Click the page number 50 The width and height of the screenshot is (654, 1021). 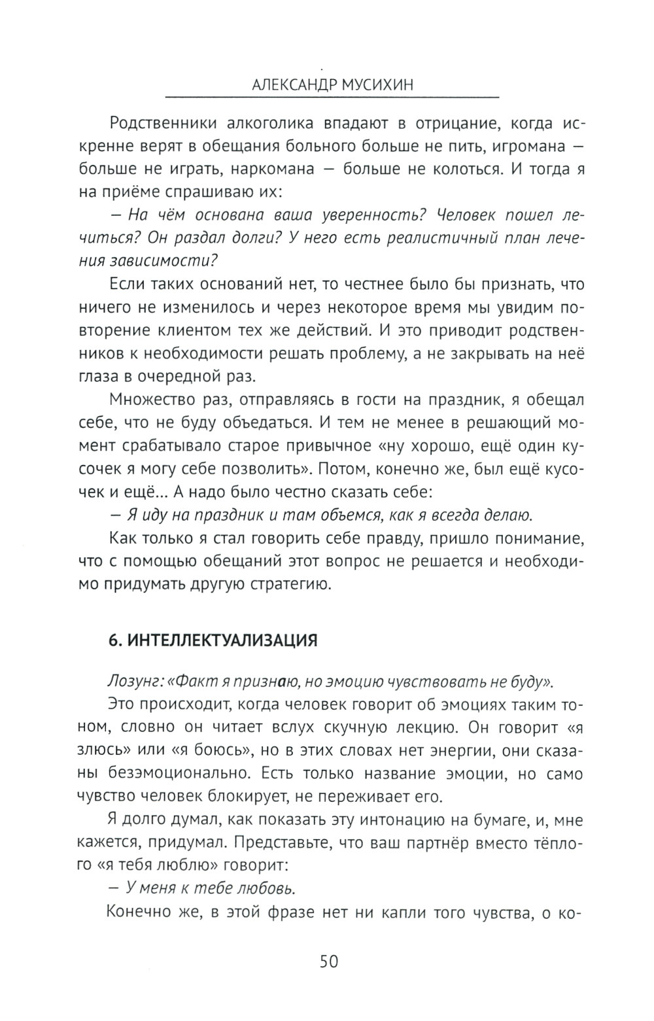328,961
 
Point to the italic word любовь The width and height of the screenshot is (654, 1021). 267,888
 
